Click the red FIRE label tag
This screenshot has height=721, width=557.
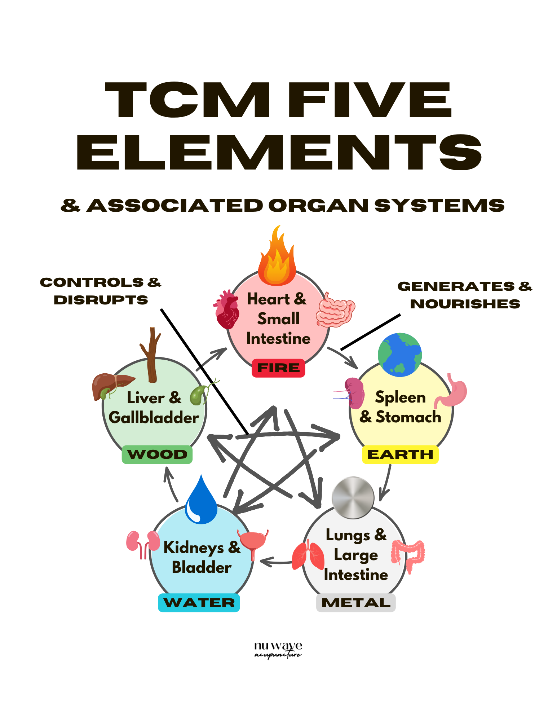278,368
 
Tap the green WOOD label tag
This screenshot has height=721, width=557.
157,454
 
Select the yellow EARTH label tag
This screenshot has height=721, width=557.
400,454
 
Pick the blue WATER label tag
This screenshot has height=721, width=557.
199,602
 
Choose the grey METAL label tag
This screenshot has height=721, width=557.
356,602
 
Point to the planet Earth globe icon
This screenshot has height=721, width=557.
399,355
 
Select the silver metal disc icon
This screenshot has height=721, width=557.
353,498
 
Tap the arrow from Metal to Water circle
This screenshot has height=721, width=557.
276,562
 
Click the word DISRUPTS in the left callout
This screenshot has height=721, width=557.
101,300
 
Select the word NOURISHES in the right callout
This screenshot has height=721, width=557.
465,304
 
